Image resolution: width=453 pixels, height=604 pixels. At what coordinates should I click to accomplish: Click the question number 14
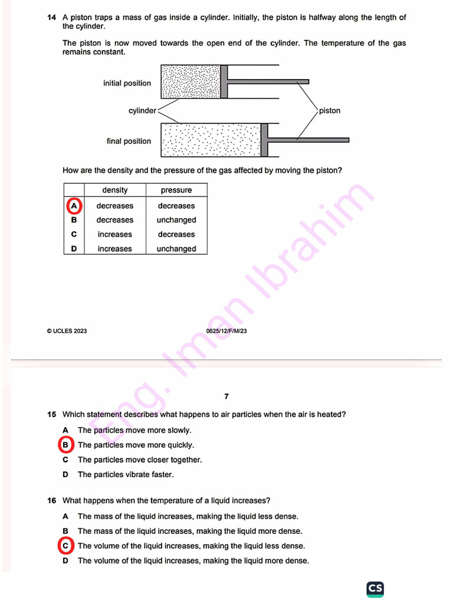(x=51, y=18)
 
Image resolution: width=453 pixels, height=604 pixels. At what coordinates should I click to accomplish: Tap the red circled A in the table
(x=74, y=206)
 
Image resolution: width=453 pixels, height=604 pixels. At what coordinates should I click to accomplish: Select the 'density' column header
(x=114, y=190)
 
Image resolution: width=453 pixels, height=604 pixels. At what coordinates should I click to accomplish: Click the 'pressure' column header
(x=176, y=190)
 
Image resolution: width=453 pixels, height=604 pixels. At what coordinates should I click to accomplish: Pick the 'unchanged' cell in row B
(x=176, y=220)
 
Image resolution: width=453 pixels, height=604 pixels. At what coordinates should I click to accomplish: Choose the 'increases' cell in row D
(x=114, y=249)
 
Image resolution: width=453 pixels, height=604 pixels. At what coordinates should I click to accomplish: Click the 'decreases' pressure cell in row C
(x=176, y=234)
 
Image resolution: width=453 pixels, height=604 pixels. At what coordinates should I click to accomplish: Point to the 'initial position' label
(x=127, y=83)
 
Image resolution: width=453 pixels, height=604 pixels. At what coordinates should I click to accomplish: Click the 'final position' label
(x=129, y=141)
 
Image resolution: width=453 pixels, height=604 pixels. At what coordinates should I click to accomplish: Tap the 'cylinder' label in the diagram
(x=142, y=111)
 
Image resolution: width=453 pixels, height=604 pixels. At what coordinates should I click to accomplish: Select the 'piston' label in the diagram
(x=329, y=111)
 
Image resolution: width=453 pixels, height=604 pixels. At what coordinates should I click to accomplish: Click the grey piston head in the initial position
(x=224, y=81)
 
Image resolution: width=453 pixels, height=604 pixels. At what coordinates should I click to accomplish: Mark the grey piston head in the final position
(x=264, y=140)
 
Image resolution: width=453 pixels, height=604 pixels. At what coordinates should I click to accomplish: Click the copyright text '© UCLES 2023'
(x=67, y=331)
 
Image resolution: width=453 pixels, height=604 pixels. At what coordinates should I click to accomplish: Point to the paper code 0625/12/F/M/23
(x=226, y=331)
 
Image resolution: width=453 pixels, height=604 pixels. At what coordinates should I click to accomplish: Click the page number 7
(x=226, y=396)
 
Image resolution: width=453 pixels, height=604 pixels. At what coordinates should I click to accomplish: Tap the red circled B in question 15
(x=66, y=445)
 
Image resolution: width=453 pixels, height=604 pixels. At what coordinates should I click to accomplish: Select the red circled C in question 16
(x=66, y=546)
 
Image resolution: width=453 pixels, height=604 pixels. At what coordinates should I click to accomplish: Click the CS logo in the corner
(x=375, y=588)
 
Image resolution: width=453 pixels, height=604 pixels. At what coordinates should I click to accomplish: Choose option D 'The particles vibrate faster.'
(x=126, y=474)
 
